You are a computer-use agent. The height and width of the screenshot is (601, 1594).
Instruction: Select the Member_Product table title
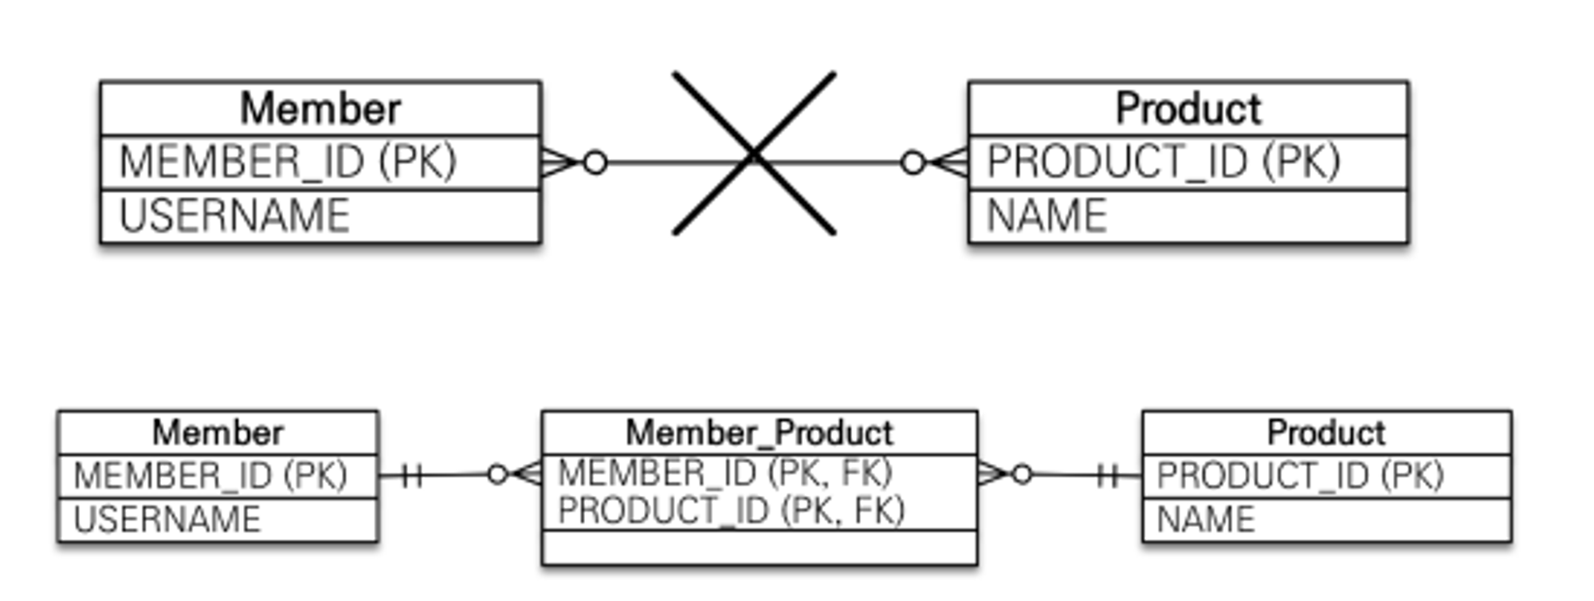click(759, 433)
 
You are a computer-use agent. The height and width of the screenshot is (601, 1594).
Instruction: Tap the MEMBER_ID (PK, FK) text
click(724, 473)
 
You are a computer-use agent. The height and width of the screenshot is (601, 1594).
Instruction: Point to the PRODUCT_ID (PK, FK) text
click(731, 510)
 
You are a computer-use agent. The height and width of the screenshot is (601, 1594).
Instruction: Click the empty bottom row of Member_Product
click(759, 548)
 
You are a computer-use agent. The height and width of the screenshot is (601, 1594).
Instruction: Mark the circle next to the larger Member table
click(595, 163)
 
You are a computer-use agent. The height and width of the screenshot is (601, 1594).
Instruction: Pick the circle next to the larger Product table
click(913, 163)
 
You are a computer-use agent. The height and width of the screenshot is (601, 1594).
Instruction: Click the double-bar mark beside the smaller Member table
click(412, 476)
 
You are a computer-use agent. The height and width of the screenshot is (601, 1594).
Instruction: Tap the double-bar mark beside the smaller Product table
click(1107, 476)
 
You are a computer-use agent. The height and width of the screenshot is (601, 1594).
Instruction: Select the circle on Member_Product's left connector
click(497, 475)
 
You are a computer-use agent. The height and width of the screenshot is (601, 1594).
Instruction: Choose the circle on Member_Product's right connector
click(1022, 475)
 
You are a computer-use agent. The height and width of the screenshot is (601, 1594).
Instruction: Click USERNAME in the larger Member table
click(234, 216)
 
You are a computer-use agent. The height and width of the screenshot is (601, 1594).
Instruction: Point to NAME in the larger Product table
click(1046, 216)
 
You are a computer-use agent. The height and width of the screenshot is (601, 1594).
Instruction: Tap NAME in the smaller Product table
click(1205, 520)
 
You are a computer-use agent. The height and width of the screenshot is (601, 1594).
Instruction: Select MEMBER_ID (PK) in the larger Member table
click(288, 162)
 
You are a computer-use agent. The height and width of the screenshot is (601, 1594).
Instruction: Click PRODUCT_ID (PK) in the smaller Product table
click(1299, 476)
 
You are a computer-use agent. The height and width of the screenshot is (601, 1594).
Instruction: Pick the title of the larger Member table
click(320, 108)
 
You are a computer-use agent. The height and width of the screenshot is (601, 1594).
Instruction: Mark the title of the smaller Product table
click(1325, 433)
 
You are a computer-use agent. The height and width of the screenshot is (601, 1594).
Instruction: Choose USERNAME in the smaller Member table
click(167, 520)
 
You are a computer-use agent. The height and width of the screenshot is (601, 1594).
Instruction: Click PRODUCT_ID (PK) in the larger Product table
click(1163, 162)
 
